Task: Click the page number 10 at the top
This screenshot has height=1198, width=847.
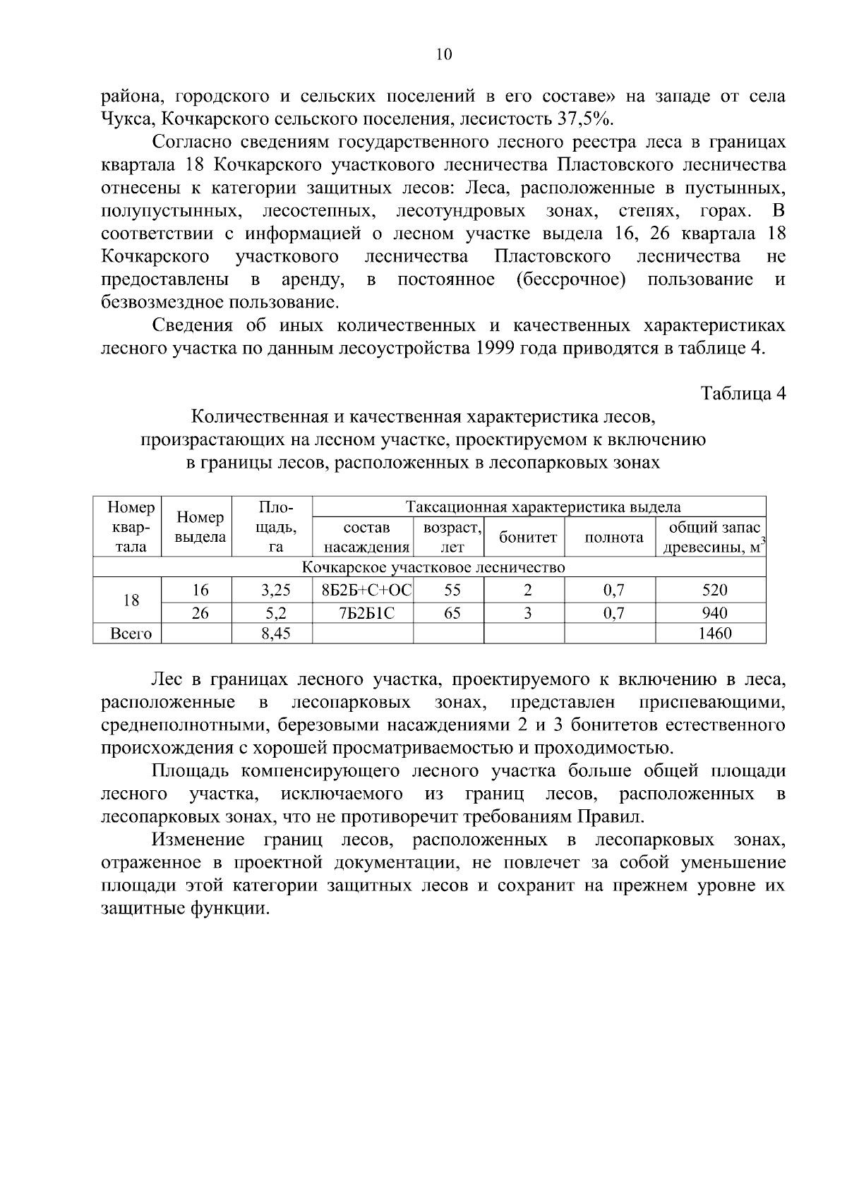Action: pyautogui.click(x=444, y=55)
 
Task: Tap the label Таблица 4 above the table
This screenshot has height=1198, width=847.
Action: pyautogui.click(x=743, y=394)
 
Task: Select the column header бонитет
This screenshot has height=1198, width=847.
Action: pyautogui.click(x=527, y=538)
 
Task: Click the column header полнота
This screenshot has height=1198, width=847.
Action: pyautogui.click(x=613, y=538)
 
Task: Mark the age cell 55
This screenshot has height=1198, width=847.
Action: pyautogui.click(x=452, y=591)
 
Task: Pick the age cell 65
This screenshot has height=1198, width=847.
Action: pyautogui.click(x=452, y=613)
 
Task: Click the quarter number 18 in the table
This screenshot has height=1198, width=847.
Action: pyautogui.click(x=131, y=601)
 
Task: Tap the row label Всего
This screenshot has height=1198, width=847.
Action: pyautogui.click(x=131, y=634)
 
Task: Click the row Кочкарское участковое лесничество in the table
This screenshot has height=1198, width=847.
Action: pyautogui.click(x=433, y=568)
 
